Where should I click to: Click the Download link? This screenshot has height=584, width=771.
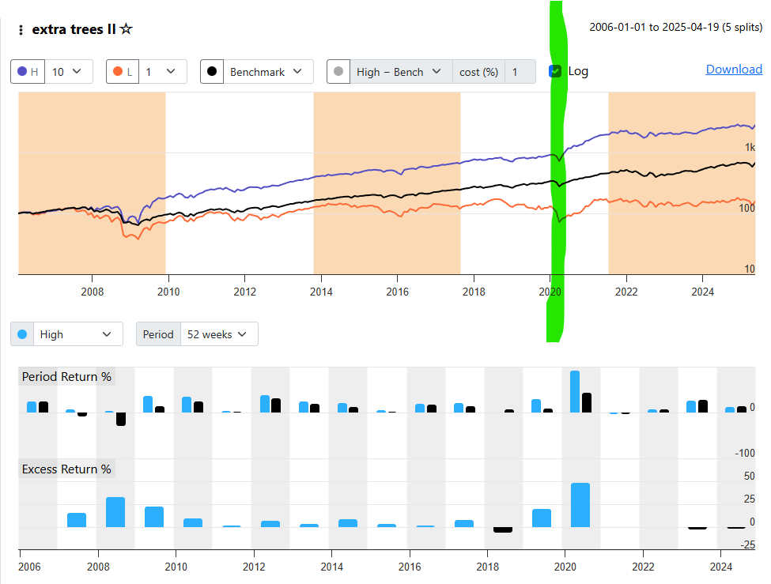coord(734,70)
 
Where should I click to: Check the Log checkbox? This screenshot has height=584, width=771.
coord(555,71)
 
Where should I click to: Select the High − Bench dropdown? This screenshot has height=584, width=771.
coord(399,72)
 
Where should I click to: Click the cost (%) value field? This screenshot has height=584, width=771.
coord(514,72)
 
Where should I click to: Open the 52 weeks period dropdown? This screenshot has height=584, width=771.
coord(218,334)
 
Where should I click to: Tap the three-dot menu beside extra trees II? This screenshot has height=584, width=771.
coord(21,30)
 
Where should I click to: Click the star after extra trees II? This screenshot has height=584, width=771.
coord(126,29)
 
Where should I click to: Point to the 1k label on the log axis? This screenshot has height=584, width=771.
coord(749,148)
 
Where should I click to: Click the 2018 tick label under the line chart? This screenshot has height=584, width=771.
coord(473,292)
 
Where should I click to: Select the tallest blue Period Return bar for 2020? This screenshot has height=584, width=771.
coord(575,392)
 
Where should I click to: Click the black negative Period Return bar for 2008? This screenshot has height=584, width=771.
coord(121,419)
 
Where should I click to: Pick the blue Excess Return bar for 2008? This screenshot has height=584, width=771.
coord(115,512)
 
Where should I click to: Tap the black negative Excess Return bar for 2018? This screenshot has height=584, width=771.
coord(503,529)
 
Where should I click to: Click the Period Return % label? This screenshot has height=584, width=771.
coord(66,377)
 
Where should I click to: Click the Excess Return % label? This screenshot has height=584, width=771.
coord(66,469)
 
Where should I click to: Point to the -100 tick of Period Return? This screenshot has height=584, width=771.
coord(744,453)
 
